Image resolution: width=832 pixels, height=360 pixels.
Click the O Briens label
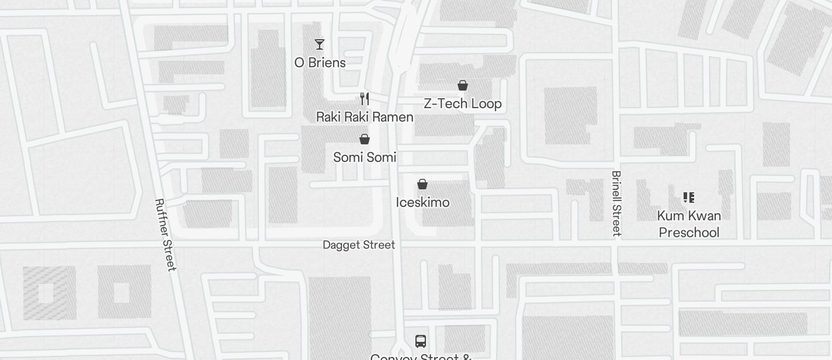(x=320, y=63)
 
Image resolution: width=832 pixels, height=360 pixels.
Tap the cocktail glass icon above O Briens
(x=320, y=44)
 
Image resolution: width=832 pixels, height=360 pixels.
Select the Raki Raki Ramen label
(x=365, y=117)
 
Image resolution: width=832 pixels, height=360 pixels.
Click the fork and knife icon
(x=365, y=98)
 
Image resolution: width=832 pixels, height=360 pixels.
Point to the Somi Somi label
(x=365, y=157)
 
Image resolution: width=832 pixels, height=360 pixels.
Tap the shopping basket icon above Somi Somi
(x=365, y=139)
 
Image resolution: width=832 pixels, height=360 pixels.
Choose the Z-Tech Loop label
(x=462, y=104)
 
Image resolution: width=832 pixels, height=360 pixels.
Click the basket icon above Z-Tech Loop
(x=463, y=86)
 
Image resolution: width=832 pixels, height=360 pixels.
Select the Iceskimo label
(x=422, y=203)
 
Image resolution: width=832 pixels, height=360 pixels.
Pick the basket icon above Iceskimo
(x=422, y=185)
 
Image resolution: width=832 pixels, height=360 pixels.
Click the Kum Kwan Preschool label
(x=689, y=224)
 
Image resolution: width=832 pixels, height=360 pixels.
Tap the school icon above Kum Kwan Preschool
(x=689, y=198)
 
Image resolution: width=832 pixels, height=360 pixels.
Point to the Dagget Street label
(x=359, y=245)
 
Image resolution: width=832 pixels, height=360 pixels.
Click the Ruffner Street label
(x=165, y=234)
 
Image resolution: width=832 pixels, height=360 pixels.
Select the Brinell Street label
(x=616, y=203)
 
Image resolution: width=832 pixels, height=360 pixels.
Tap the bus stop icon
(x=420, y=341)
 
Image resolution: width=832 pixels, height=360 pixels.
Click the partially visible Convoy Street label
(x=421, y=356)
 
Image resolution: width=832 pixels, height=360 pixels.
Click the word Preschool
(x=689, y=233)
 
